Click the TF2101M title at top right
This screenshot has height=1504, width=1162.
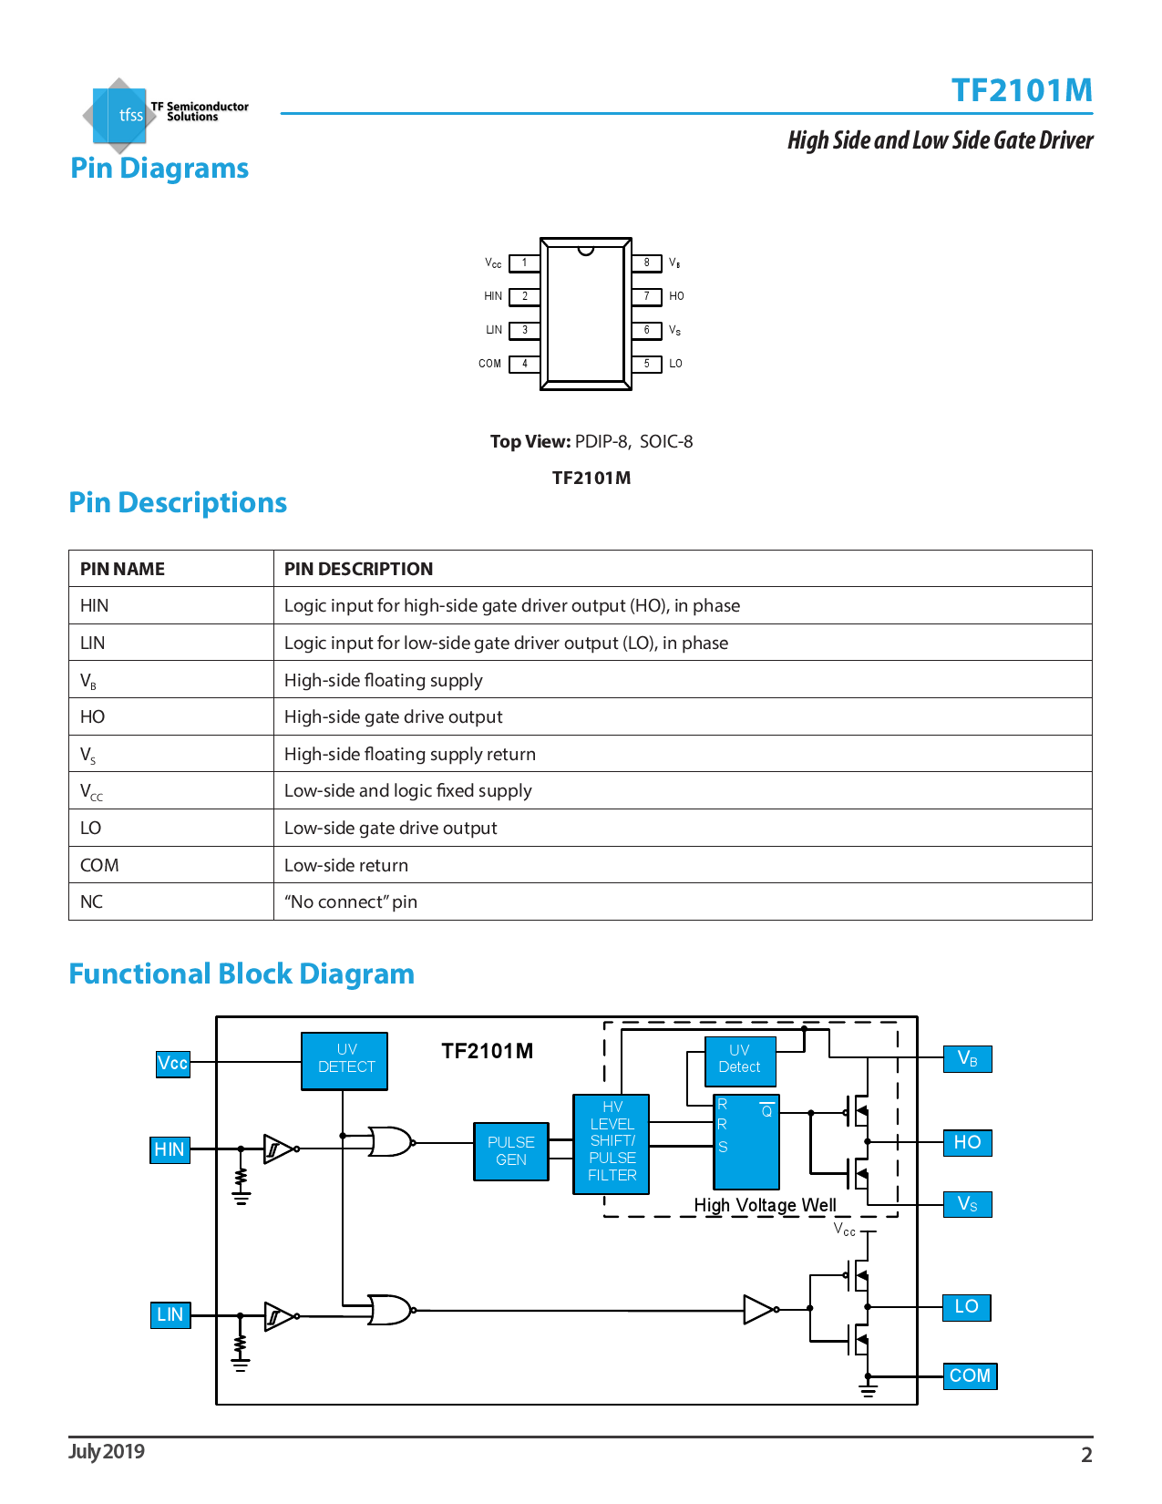pyautogui.click(x=1021, y=90)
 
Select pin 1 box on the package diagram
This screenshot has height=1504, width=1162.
pyautogui.click(x=524, y=263)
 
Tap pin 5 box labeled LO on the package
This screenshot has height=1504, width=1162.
pyautogui.click(x=647, y=364)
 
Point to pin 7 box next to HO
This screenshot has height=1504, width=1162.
pyautogui.click(x=647, y=296)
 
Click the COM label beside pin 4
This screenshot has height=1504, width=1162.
pyautogui.click(x=489, y=364)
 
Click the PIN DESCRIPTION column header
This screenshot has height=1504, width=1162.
pyautogui.click(x=358, y=569)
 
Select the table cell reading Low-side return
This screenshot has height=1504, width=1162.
pyautogui.click(x=346, y=865)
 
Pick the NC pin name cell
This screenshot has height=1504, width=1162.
pyautogui.click(x=92, y=901)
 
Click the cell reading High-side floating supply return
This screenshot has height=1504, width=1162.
pyautogui.click(x=410, y=754)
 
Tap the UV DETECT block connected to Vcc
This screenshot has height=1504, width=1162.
pyautogui.click(x=345, y=1060)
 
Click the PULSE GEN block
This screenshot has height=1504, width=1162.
pyautogui.click(x=510, y=1151)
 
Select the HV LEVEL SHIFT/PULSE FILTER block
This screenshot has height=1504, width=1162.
pyautogui.click(x=612, y=1143)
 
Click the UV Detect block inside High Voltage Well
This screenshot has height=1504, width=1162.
pyautogui.click(x=739, y=1060)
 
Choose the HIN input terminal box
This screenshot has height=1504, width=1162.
pyautogui.click(x=170, y=1149)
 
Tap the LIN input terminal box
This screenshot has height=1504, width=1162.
pyautogui.click(x=170, y=1314)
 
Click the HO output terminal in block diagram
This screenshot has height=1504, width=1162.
pyautogui.click(x=967, y=1142)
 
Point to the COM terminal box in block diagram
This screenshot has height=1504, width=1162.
pyautogui.click(x=970, y=1375)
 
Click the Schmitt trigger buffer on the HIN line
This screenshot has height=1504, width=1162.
pyautogui.click(x=277, y=1149)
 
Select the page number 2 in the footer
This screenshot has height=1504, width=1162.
pyautogui.click(x=1086, y=1455)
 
